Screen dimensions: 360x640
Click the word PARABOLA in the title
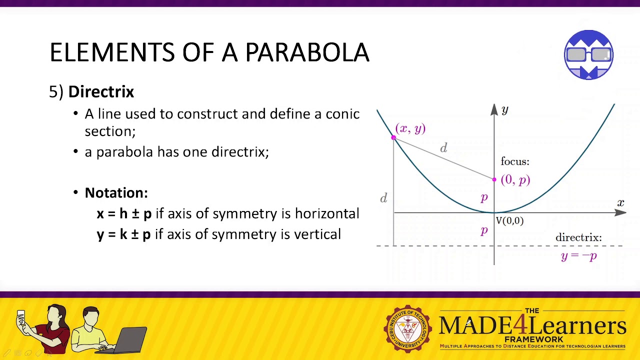pos(307,52)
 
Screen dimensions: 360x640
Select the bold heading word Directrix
pos(101,92)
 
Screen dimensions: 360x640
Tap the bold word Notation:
pos(116,193)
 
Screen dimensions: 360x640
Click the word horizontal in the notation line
pos(326,213)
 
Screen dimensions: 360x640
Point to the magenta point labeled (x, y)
pos(393,137)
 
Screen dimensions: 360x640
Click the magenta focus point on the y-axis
pos(494,179)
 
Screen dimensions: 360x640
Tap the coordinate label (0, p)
pos(515,180)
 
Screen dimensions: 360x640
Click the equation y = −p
pos(578,256)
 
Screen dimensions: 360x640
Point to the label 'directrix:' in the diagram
pos(578,238)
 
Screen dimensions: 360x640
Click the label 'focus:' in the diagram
pos(514,161)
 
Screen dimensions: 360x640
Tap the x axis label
pos(620,203)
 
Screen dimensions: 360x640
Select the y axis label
pos(504,110)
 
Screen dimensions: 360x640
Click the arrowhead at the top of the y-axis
pos(494,109)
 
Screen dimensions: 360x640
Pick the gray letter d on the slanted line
pos(443,148)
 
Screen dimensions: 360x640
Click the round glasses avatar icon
pos(588,55)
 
